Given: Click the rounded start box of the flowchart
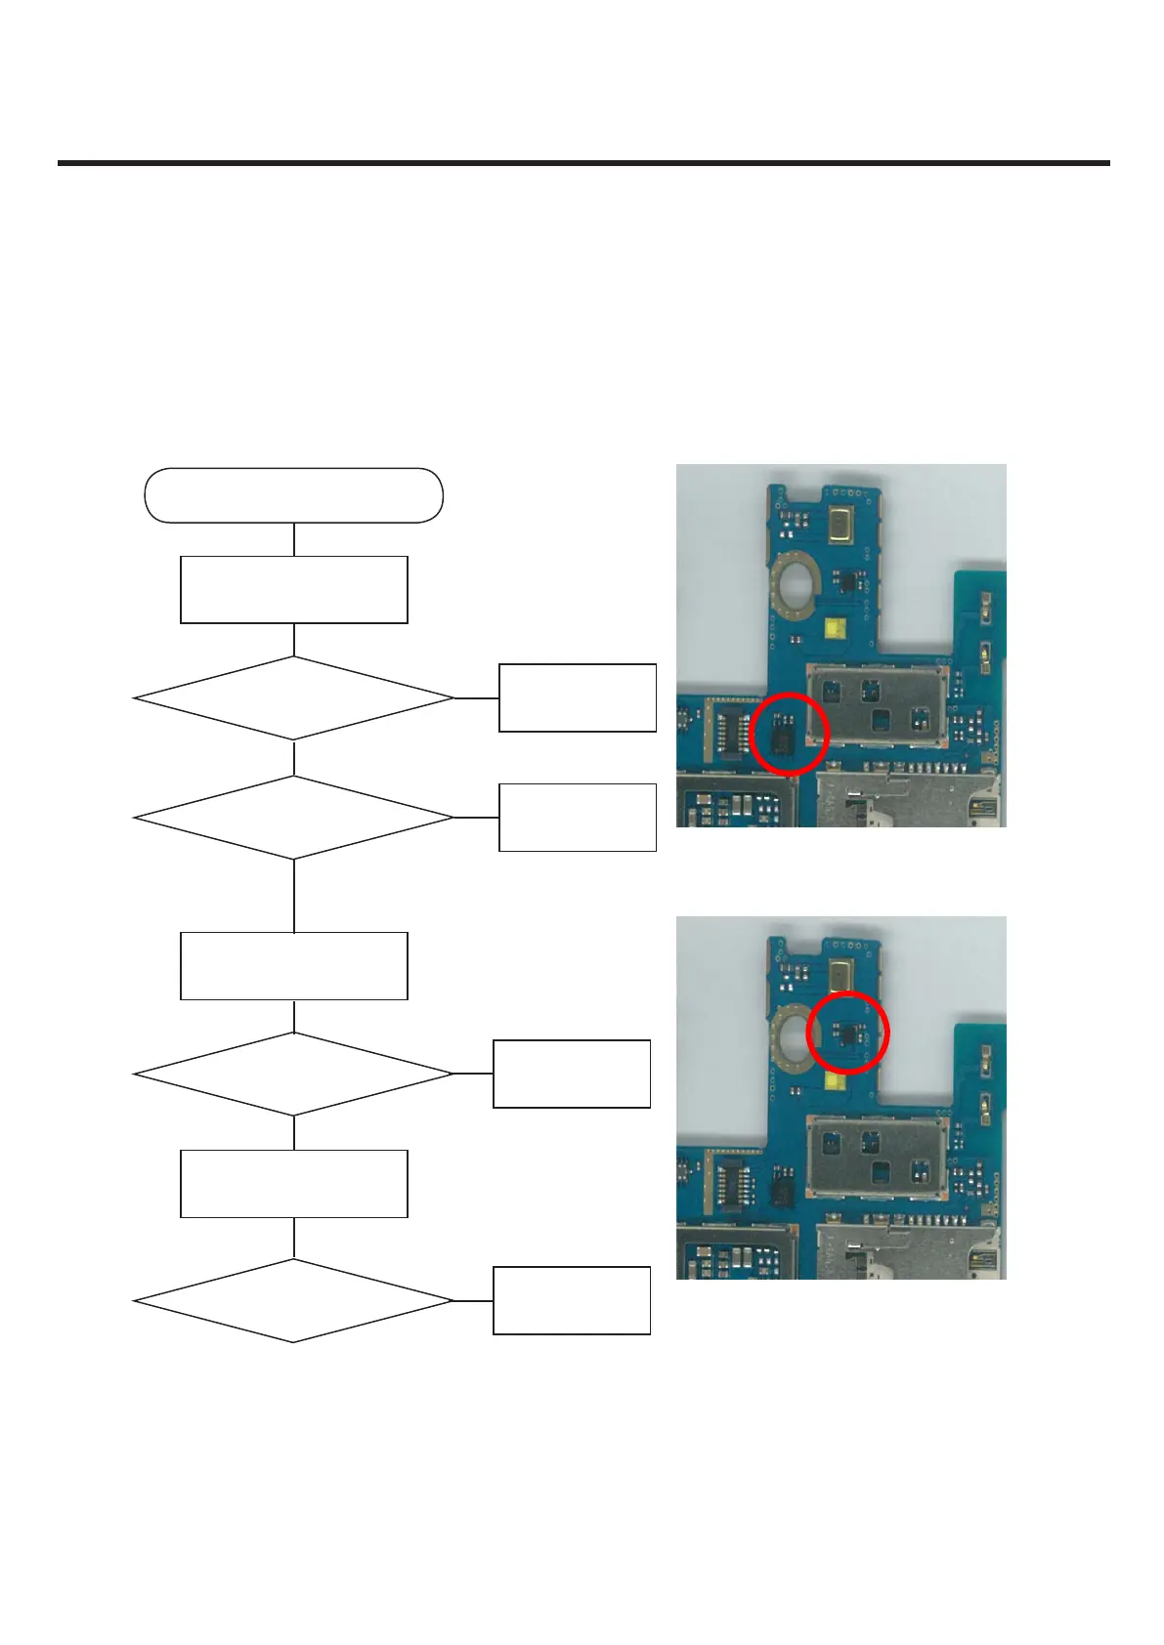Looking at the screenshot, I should click(293, 495).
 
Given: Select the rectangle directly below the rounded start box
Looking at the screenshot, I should click(293, 589).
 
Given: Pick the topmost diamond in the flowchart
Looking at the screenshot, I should click(293, 697).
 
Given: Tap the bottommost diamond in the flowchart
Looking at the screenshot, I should click(293, 1300).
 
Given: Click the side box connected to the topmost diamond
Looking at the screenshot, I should click(577, 697).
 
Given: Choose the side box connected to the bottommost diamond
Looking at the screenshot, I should click(571, 1300).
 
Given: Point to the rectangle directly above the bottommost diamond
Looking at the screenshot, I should click(293, 1183).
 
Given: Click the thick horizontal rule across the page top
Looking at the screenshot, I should click(583, 163).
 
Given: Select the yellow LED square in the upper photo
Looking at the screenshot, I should click(836, 628).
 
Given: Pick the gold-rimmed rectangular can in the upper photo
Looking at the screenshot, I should click(841, 525).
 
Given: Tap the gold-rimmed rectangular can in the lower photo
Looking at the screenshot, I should click(841, 977).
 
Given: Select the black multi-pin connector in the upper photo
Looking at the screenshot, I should click(728, 731).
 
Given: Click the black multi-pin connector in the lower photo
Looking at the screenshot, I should click(728, 1183).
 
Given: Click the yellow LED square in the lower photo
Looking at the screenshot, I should click(836, 1080).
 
